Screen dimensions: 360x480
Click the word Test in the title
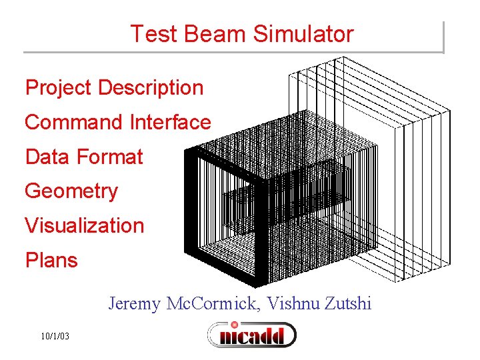tap(151, 33)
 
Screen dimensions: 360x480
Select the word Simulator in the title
tap(297, 33)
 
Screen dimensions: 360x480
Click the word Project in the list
tap(58, 88)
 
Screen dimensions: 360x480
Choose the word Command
tap(74, 122)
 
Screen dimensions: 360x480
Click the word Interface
tap(171, 122)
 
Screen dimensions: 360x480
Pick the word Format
tap(110, 157)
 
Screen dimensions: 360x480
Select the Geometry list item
tap(71, 191)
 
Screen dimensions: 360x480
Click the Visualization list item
tap(84, 225)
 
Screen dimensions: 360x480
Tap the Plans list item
tap(51, 260)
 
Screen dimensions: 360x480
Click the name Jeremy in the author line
tap(135, 305)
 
